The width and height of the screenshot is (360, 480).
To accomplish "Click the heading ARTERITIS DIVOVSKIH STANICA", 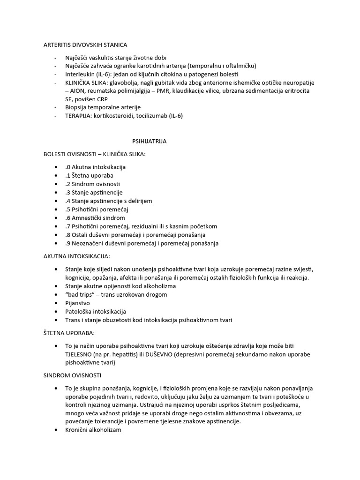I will coord(85,45).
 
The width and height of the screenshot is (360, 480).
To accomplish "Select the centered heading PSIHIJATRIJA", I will coord(149,141).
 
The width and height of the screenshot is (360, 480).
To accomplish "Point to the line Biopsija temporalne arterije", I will coord(103,107).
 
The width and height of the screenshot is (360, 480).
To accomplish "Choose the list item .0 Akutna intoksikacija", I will coord(96,167).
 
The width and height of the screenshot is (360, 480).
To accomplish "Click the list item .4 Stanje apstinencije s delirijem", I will coord(109,201).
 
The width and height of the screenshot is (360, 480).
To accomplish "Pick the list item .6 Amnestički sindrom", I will coord(95,217).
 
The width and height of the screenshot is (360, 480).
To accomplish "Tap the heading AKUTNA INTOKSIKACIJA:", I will coord(77,256).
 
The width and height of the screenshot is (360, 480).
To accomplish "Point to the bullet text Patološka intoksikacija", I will coord(96,311).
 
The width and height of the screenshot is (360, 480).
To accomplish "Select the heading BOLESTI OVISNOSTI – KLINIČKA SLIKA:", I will coord(95,154).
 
